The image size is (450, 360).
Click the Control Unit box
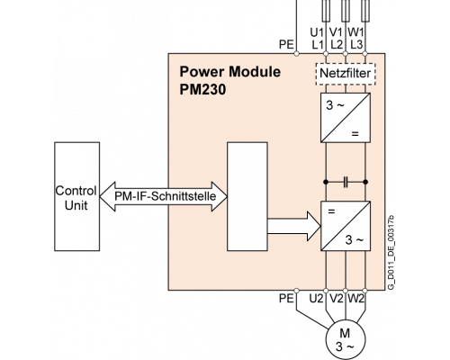tap(76, 196)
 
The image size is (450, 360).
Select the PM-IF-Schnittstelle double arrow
tap(164, 196)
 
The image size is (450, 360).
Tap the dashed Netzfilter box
tap(346, 74)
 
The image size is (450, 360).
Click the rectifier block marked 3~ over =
tap(346, 118)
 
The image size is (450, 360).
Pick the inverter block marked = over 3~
tap(346, 226)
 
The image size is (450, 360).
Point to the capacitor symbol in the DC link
tap(346, 182)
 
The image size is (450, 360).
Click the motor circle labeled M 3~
tap(346, 340)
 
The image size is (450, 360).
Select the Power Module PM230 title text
tap(229, 80)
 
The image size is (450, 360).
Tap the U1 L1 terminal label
tap(317, 39)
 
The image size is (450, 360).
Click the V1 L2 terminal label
tap(336, 39)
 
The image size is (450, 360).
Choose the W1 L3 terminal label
tap(356, 39)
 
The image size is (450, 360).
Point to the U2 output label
tap(317, 299)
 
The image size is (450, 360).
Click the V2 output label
tap(337, 299)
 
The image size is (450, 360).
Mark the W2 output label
tap(356, 299)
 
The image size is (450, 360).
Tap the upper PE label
tap(286, 45)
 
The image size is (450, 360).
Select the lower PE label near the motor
tap(286, 299)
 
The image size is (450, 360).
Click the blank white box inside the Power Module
tap(247, 196)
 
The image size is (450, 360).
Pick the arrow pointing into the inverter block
tap(294, 226)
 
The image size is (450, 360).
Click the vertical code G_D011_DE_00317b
tap(391, 253)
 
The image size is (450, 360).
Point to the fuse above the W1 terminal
tap(364, 11)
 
